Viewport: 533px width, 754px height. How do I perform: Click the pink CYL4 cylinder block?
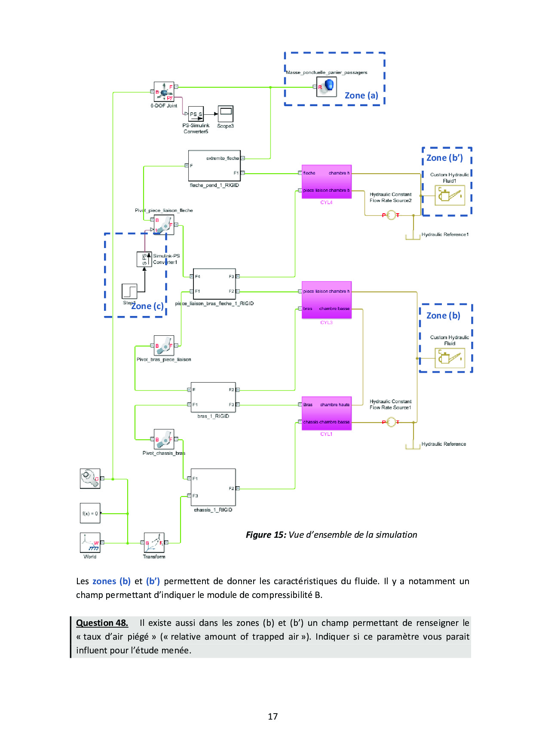pyautogui.click(x=326, y=181)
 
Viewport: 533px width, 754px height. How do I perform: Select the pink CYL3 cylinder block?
pyautogui.click(x=326, y=300)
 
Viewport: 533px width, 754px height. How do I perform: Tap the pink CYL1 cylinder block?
pyautogui.click(x=326, y=413)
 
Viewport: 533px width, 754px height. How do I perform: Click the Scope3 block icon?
pyautogui.click(x=226, y=114)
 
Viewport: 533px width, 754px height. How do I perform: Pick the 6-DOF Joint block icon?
pyautogui.click(x=164, y=92)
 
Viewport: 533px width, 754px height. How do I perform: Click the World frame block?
pyautogui.click(x=90, y=543)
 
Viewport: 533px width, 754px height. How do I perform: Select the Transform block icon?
pyautogui.click(x=154, y=543)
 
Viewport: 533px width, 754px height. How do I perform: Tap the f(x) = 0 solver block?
pyautogui.click(x=90, y=513)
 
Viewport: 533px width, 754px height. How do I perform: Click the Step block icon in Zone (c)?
pyautogui.click(x=129, y=291)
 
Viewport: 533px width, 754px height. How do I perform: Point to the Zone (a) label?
pyautogui.click(x=361, y=95)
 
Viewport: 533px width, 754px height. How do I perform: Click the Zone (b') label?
pyautogui.click(x=444, y=158)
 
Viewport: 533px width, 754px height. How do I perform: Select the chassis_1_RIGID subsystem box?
pyautogui.click(x=213, y=487)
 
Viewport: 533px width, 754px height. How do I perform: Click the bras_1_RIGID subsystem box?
pyautogui.click(x=213, y=397)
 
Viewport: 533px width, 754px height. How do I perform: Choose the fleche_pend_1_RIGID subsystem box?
pyautogui.click(x=214, y=166)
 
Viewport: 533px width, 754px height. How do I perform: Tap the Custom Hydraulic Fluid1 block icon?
pyautogui.click(x=450, y=195)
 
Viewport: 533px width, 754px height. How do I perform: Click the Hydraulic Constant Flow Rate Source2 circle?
pyautogui.click(x=391, y=215)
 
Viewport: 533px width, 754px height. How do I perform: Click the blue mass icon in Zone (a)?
pyautogui.click(x=327, y=86)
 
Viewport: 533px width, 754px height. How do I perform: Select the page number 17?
pyautogui.click(x=273, y=716)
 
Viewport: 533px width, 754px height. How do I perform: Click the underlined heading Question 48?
pyautogui.click(x=102, y=623)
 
